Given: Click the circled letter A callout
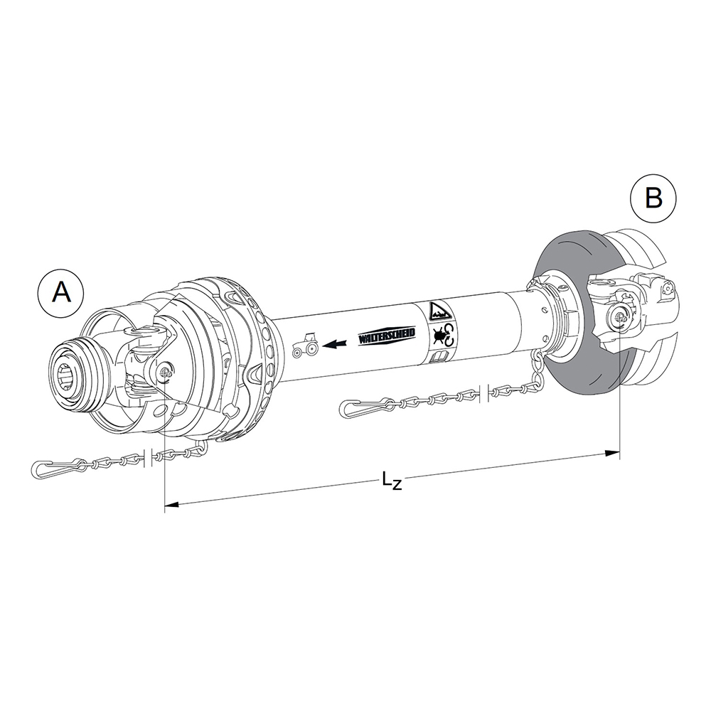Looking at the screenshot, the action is (61, 292).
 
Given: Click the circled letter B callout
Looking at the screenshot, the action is (653, 198).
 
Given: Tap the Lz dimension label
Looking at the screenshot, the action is (392, 481).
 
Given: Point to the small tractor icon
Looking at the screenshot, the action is (306, 344).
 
